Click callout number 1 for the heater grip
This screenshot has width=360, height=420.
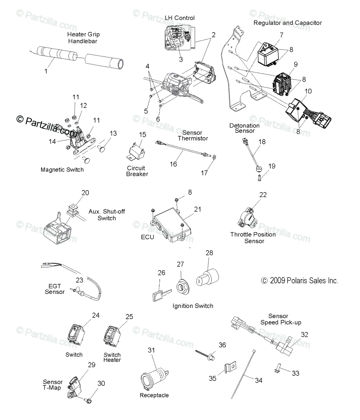coord(46,71)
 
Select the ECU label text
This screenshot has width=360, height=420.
coord(147,237)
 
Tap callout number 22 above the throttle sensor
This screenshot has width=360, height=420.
coord(263,195)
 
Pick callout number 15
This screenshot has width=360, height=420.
coord(143,135)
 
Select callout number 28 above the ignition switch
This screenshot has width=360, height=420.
coord(209,253)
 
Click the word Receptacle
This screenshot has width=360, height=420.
coord(154,395)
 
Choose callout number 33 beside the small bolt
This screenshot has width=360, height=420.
coord(296,373)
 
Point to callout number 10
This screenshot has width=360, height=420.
coord(308,91)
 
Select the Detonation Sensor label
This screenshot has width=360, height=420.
coord(244,128)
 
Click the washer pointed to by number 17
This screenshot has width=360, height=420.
coord(214,157)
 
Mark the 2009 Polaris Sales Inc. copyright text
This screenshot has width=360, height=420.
coord(299,281)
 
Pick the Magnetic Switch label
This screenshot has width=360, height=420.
coord(62,170)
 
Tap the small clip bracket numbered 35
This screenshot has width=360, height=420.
coord(230,367)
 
